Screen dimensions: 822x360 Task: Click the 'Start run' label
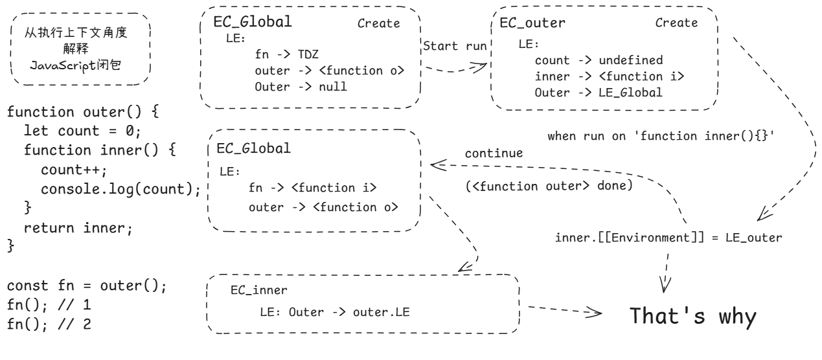point(455,46)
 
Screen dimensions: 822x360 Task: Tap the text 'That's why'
point(693,317)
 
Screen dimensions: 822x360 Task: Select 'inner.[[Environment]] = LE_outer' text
point(668,238)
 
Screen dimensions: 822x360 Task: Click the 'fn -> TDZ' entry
point(286,54)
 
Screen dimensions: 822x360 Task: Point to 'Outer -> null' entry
point(301,87)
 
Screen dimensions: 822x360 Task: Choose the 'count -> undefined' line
point(599,60)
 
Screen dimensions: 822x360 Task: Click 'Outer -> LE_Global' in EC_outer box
point(599,93)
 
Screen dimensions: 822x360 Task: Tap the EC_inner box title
point(258,290)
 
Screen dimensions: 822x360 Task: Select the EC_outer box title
point(532,23)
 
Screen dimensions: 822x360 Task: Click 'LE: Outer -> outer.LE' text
point(335,312)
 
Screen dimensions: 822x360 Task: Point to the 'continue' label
point(494,153)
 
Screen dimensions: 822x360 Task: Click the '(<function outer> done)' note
point(549,186)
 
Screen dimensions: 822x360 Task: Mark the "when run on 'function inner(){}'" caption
point(661,136)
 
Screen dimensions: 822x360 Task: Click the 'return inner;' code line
point(78,229)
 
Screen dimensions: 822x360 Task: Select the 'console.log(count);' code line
point(120,189)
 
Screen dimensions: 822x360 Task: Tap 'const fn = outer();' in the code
point(87,286)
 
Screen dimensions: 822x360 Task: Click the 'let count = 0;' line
point(82,131)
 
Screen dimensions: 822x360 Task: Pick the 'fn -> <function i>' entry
point(312,188)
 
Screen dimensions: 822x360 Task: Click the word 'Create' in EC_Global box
point(378,23)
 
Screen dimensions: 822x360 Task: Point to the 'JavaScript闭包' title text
point(76,65)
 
